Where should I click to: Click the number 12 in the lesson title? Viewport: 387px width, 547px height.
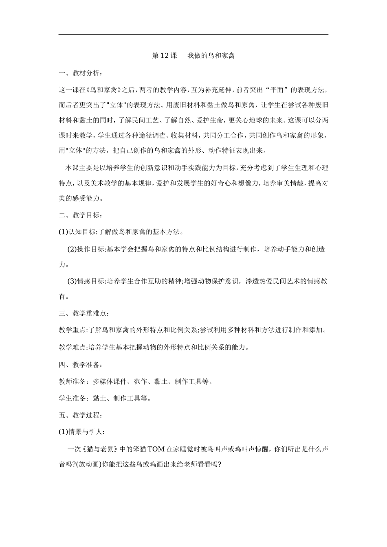[x=164, y=56]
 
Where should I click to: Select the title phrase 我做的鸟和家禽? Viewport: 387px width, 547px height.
[x=211, y=56]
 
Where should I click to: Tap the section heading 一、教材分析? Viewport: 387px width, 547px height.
[x=81, y=73]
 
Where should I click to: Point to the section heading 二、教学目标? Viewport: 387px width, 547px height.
[x=81, y=215]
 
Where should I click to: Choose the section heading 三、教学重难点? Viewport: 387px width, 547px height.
[x=84, y=313]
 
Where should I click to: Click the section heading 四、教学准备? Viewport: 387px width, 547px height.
[x=81, y=364]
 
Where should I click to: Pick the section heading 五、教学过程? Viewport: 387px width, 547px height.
[x=81, y=415]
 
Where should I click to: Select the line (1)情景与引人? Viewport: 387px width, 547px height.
[x=82, y=432]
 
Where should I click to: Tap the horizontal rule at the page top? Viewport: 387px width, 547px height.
[x=193, y=35]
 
